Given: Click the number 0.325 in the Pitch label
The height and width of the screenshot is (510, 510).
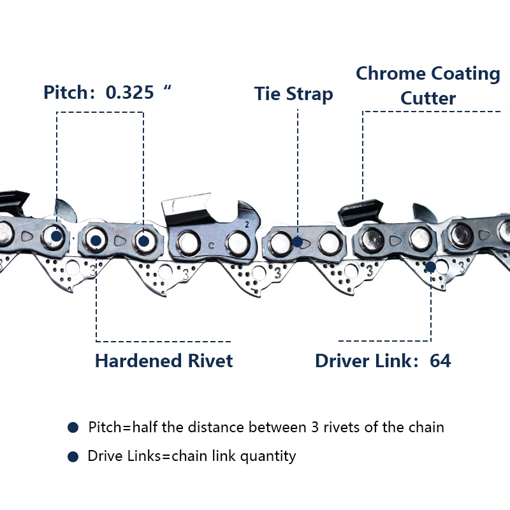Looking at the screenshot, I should tap(130, 92).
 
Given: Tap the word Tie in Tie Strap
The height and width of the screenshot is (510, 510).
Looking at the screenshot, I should tap(268, 94).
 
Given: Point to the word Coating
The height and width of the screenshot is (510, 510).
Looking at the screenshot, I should tap(465, 73).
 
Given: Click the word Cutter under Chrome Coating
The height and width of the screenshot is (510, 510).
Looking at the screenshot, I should tap(428, 99).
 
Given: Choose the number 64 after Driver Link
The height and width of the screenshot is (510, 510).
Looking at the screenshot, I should tap(441, 361).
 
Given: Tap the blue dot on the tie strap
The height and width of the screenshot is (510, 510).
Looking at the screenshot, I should tap(298, 242).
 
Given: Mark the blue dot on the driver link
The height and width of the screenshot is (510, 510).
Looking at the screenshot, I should tap(431, 266).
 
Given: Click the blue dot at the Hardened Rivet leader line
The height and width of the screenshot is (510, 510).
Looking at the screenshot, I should tap(96, 240).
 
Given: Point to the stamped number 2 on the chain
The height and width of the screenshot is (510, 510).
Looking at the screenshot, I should tap(247, 224).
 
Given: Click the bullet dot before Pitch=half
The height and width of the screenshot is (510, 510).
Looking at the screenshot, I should tap(73, 427).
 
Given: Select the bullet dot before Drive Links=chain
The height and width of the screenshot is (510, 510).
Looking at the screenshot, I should tap(73, 456).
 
